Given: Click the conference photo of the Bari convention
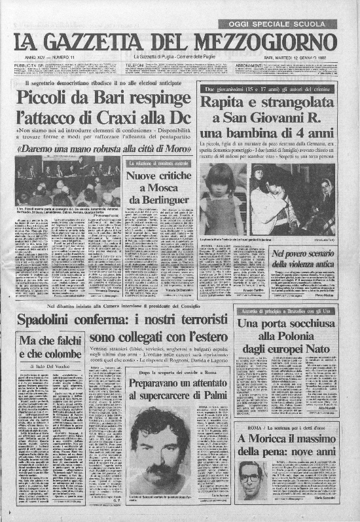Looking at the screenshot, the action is point(69,180).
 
